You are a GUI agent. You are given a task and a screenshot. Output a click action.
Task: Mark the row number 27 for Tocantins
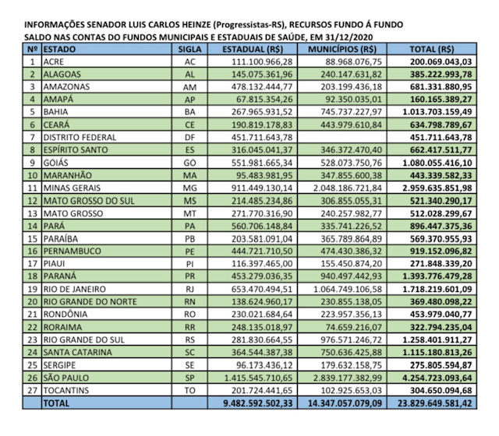point(31,390)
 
